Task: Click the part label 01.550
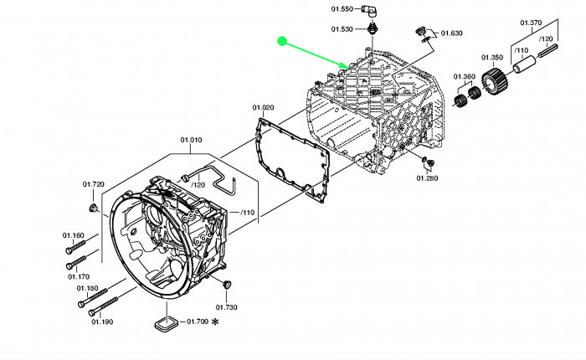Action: click(x=342, y=9)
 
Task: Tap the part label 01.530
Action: click(x=342, y=29)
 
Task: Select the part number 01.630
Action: click(x=450, y=33)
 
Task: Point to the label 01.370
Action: click(x=531, y=23)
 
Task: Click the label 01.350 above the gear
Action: click(x=491, y=58)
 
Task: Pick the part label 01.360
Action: click(x=465, y=77)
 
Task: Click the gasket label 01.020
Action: click(x=263, y=108)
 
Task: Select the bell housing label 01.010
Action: click(x=191, y=141)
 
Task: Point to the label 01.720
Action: click(x=93, y=184)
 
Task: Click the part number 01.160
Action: click(x=74, y=235)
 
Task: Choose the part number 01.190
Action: click(x=101, y=321)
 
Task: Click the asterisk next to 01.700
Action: click(x=215, y=321)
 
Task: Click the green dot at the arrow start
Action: click(x=283, y=40)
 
